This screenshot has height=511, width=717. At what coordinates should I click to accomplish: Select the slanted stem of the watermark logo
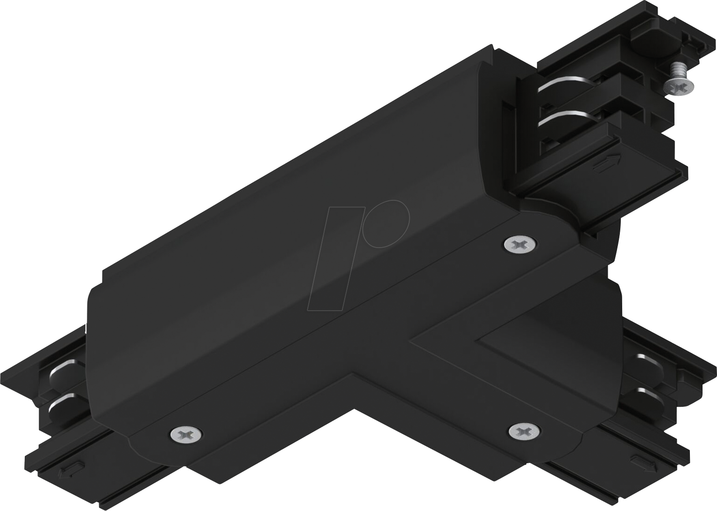(334, 262)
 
